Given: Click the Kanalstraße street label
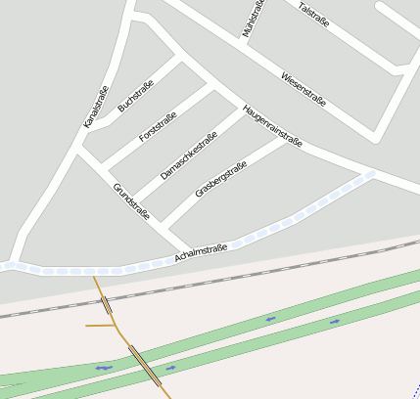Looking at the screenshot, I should tap(95, 109).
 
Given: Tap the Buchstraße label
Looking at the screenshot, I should tap(135, 95).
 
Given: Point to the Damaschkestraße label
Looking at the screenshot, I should tap(188, 155).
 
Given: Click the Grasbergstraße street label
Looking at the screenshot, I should tap(220, 179).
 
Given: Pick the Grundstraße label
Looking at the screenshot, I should tap(131, 200).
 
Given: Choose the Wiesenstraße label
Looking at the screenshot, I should tap(303, 89).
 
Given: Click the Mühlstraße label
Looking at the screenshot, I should tap(254, 19).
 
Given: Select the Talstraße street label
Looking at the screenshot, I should tap(312, 13).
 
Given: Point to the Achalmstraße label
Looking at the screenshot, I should tap(201, 252).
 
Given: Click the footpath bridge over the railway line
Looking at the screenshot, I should tap(106, 304).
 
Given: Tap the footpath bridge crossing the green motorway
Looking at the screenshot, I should tap(145, 366).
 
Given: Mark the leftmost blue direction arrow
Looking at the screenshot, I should tap(104, 368).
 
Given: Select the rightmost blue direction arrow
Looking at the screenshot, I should tap(335, 320).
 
